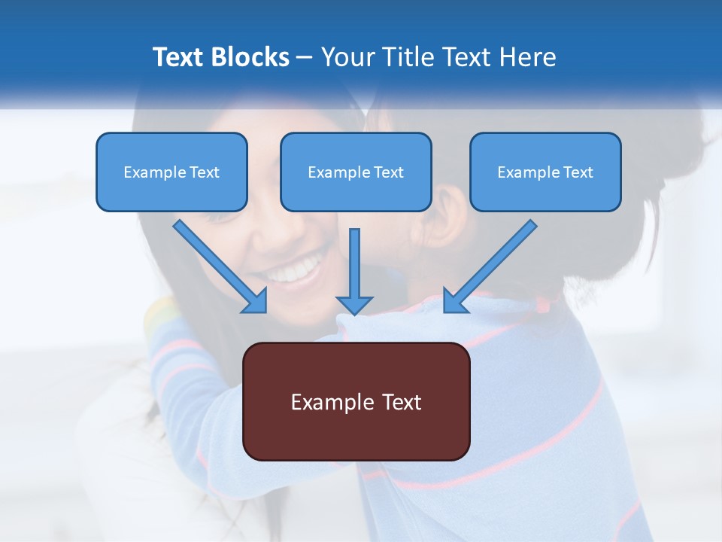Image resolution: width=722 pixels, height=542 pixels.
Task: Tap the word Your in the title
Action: click(349, 57)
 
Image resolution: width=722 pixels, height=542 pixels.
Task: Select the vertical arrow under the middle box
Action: click(354, 263)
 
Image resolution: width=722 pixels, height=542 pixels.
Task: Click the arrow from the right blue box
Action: click(493, 263)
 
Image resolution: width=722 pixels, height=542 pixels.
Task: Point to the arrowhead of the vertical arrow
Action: click(354, 304)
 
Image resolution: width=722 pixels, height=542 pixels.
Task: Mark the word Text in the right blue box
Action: click(578, 172)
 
